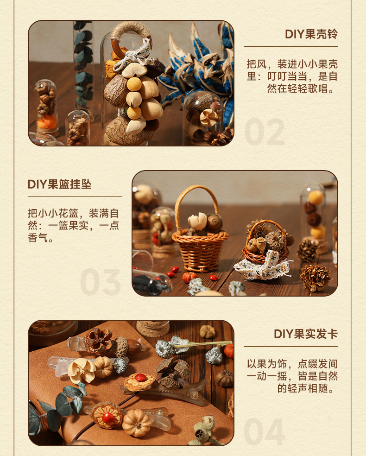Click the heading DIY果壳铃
[311, 34]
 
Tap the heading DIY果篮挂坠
[60, 184]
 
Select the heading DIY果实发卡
[305, 334]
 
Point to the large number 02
[265, 132]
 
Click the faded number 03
[100, 282]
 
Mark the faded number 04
[264, 431]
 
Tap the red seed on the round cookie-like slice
[140, 377]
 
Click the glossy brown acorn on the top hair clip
[133, 347]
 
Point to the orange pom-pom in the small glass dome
[46, 122]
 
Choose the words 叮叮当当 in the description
[287, 76]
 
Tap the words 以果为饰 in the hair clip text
[267, 364]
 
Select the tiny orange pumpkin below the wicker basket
[189, 277]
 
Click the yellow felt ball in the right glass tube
[316, 197]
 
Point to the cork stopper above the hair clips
[152, 328]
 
